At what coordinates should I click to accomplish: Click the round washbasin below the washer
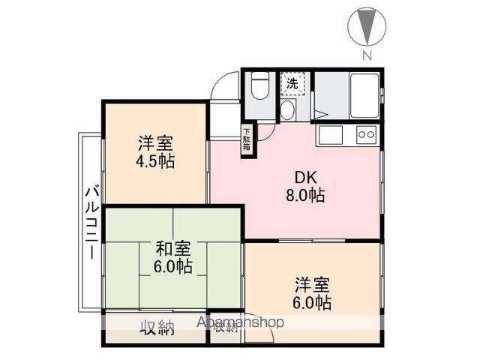point(286,111)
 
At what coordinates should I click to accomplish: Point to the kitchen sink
point(331,135)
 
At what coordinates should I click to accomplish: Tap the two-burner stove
point(365,135)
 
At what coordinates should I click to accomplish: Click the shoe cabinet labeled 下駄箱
point(246,140)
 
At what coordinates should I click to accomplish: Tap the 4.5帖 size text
point(156,161)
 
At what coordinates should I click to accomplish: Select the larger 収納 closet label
point(157,327)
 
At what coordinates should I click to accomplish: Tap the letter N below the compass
point(367,55)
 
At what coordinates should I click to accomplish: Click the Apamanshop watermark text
point(240,322)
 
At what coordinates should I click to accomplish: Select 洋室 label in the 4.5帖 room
point(156,143)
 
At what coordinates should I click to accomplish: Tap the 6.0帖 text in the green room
point(173,266)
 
